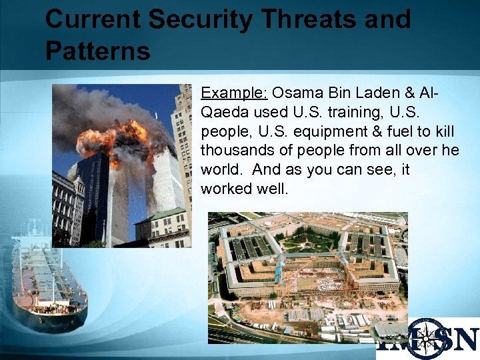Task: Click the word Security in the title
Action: point(195,19)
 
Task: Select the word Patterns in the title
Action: point(97,50)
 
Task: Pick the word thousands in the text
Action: point(233,150)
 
